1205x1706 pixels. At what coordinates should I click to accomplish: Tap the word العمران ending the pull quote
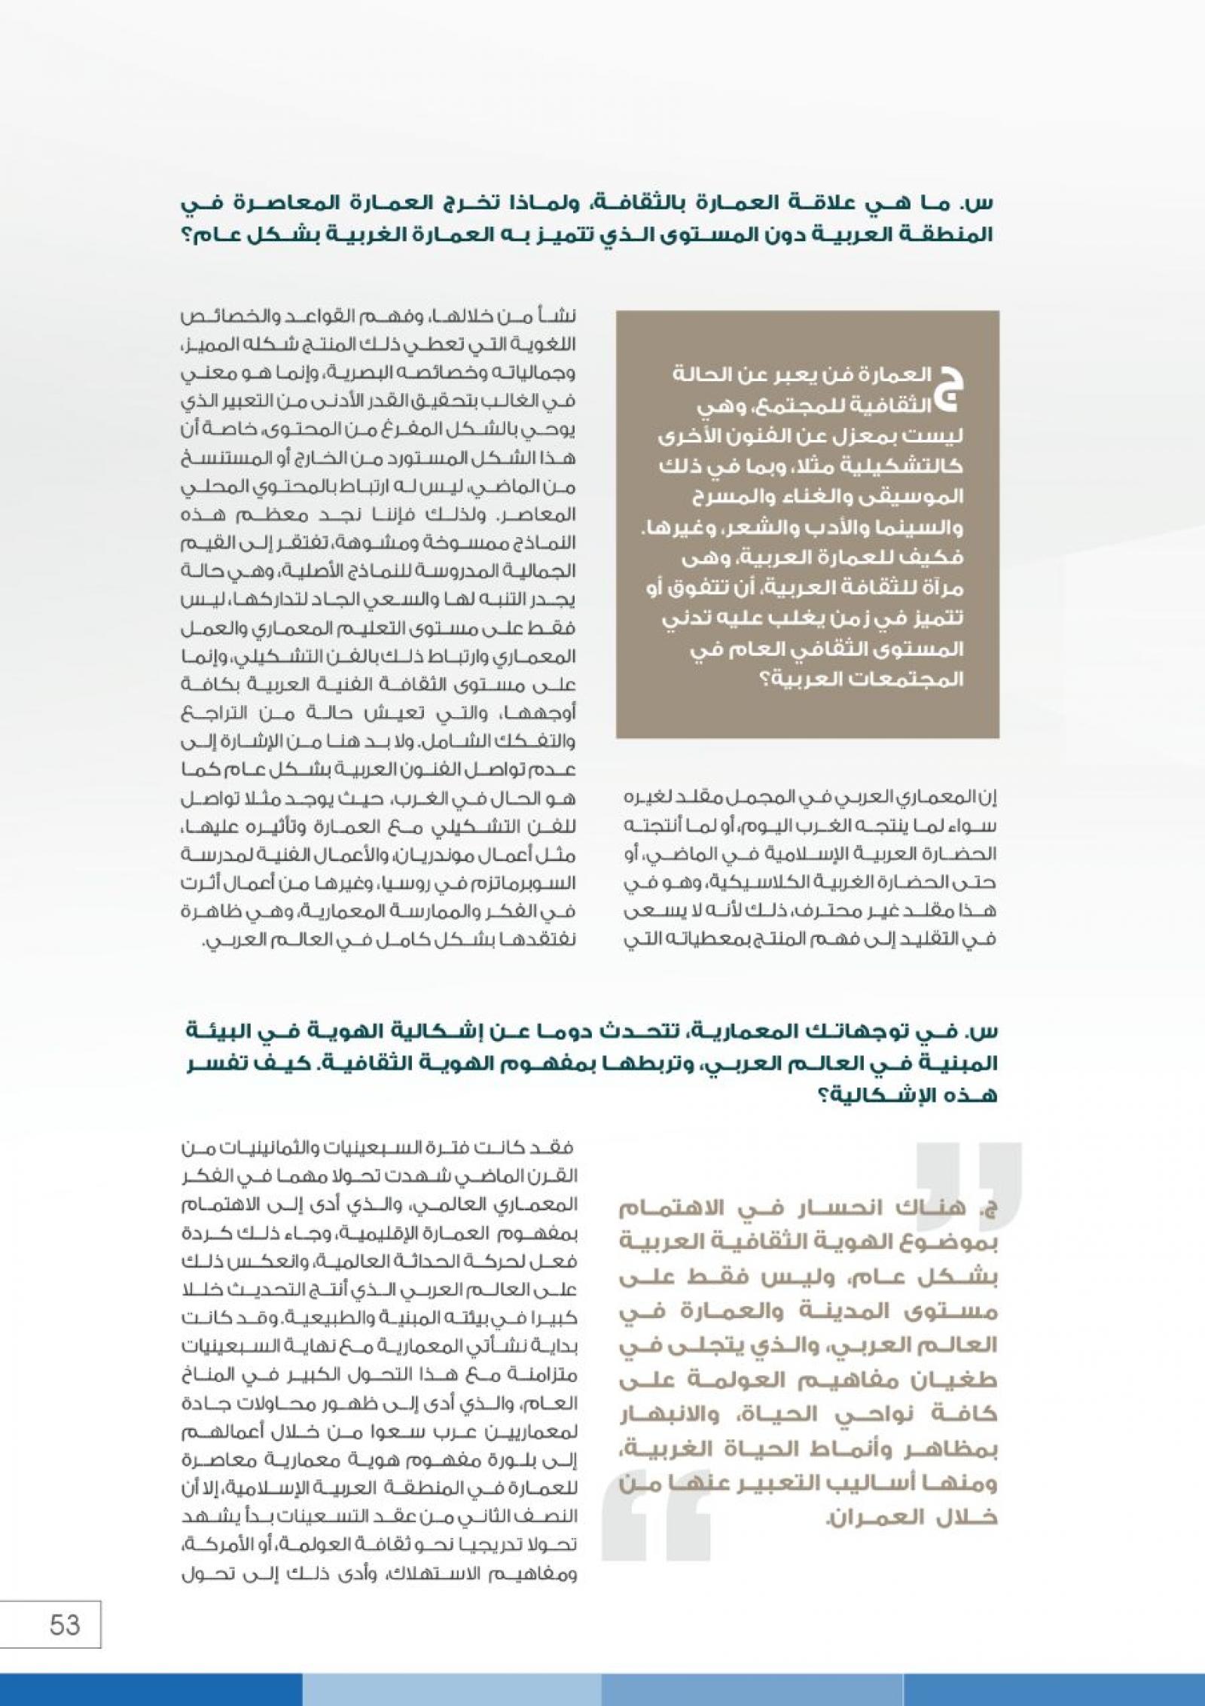(x=859, y=1516)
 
